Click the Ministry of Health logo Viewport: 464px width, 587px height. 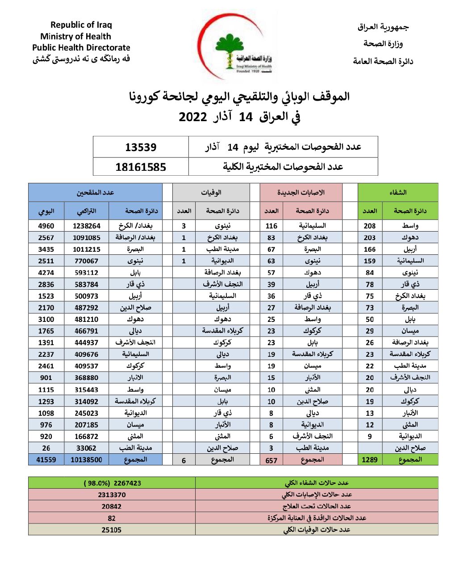[x=236, y=47]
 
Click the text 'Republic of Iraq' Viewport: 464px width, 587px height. [x=81, y=25]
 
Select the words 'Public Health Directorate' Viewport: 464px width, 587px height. [x=81, y=47]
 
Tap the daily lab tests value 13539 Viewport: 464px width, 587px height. [x=141, y=147]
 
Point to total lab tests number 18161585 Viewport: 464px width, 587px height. [x=141, y=167]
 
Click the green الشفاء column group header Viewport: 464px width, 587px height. [x=397, y=192]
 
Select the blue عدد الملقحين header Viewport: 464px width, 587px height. [x=95, y=192]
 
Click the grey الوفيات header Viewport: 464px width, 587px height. [x=211, y=192]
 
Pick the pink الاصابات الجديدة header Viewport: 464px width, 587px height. [x=301, y=192]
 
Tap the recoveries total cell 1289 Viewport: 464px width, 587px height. [x=370, y=460]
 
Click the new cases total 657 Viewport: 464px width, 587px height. [x=271, y=460]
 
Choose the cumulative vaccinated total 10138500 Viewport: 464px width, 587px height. [x=86, y=460]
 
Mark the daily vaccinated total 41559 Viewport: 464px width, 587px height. [x=46, y=460]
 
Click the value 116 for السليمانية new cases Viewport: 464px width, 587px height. [x=271, y=226]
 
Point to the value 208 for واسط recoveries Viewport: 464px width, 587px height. [x=370, y=226]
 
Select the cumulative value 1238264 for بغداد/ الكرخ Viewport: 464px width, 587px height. [x=86, y=226]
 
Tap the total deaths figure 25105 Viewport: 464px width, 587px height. [x=111, y=530]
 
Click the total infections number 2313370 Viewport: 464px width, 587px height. [x=112, y=495]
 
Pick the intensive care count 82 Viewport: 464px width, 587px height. [x=112, y=518]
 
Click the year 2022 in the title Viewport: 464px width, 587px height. [x=193, y=117]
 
